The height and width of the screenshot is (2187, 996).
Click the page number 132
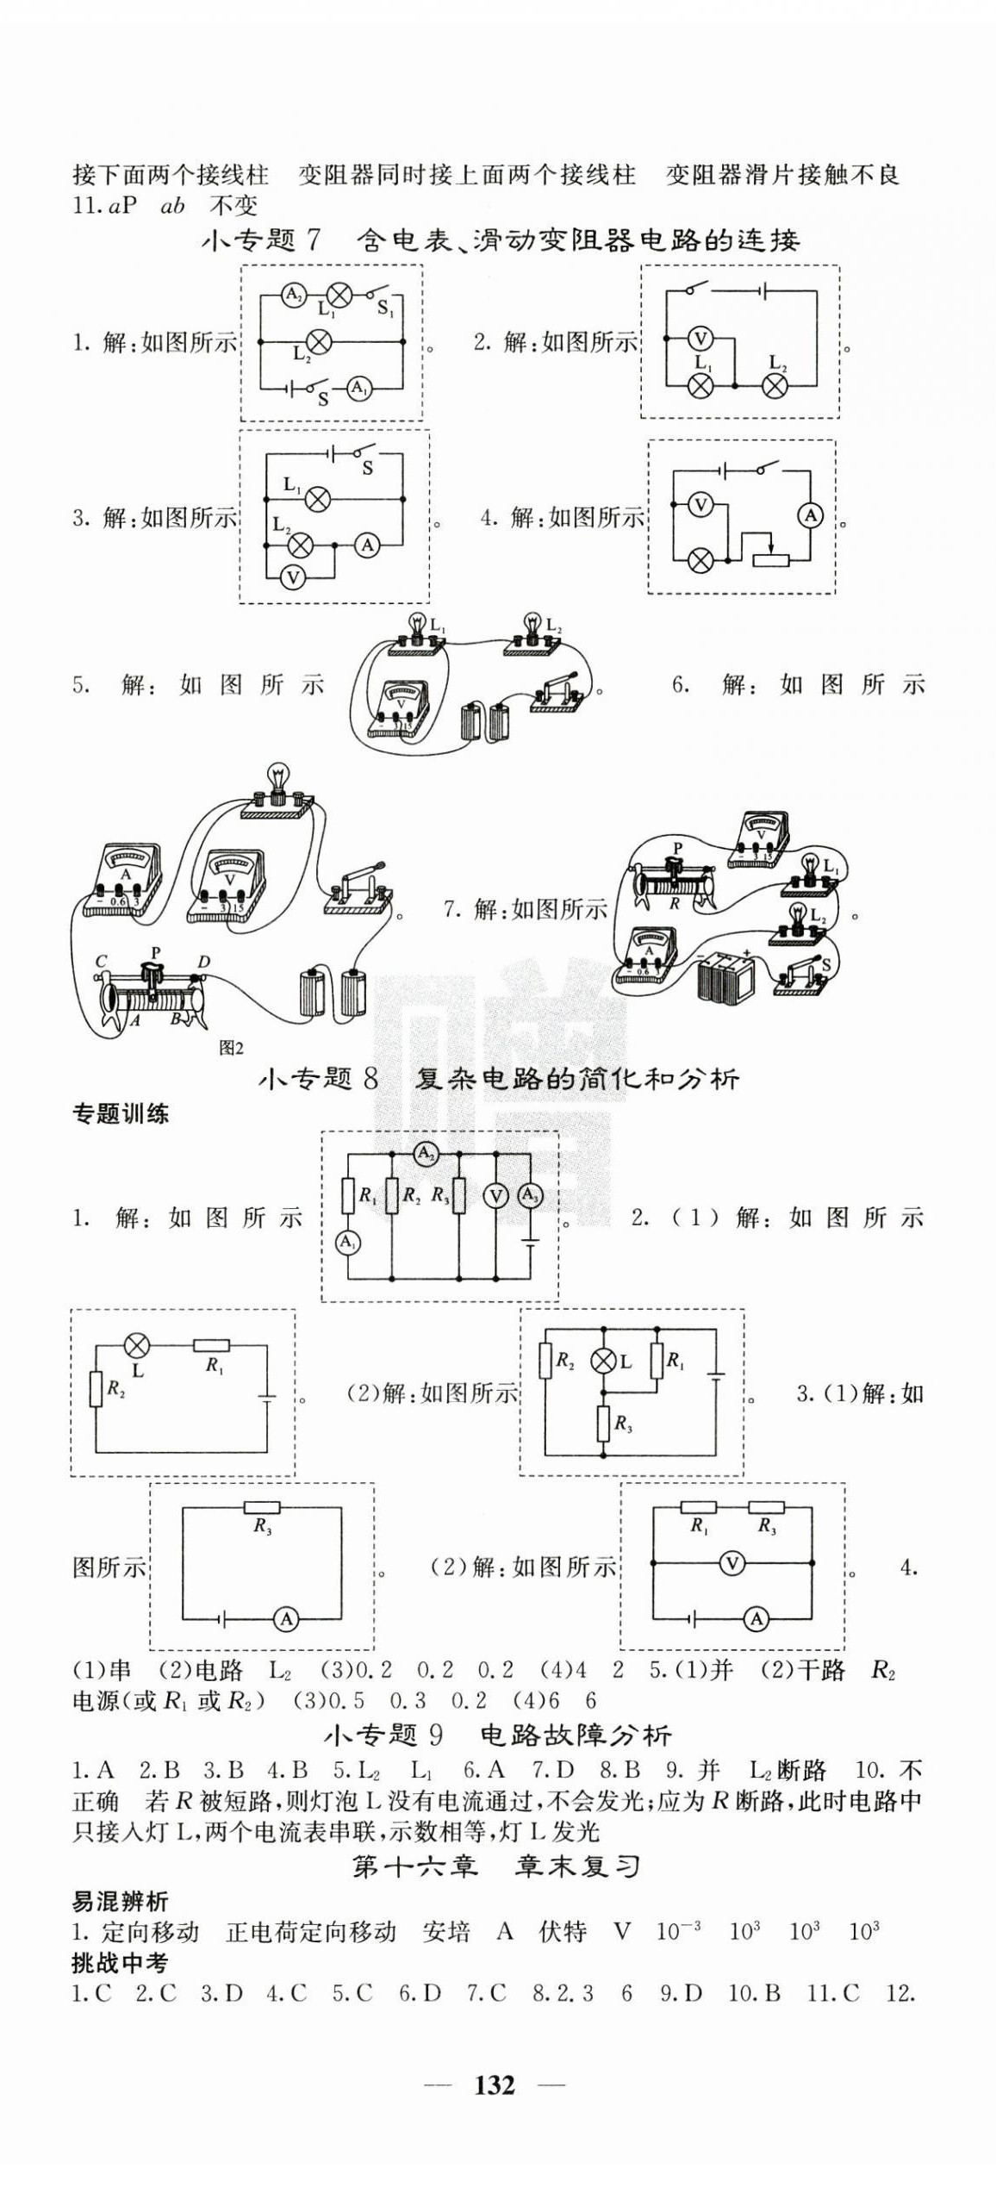495,2084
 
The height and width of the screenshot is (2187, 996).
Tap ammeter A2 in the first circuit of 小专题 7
293,296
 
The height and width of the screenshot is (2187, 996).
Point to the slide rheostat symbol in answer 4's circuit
771,558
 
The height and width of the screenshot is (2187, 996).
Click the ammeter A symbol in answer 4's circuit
810,516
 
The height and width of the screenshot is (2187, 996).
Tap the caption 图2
231,1047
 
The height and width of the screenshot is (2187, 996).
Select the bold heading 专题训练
120,1113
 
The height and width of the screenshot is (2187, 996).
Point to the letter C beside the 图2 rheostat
102,962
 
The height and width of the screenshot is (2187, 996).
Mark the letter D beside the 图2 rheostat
203,962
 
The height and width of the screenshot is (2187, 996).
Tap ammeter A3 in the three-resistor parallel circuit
529,1195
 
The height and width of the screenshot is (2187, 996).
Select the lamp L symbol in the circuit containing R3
602,1361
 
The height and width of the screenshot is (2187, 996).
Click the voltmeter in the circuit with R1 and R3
732,1562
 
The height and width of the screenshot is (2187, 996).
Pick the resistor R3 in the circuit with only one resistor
262,1507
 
